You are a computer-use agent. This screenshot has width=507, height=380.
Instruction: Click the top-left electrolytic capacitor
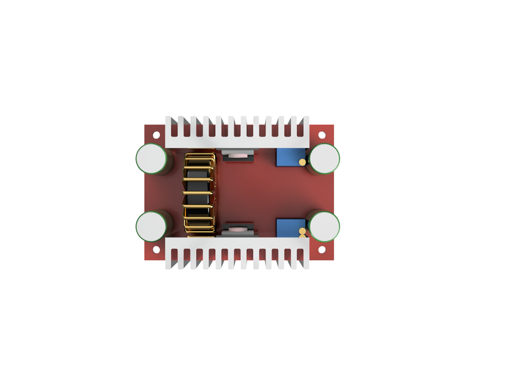(151, 159)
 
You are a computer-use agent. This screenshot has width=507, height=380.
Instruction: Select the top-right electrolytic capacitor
(325, 159)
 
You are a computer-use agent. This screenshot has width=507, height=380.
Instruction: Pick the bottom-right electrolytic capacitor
(325, 226)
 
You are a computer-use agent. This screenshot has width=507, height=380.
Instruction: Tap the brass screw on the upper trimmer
(302, 161)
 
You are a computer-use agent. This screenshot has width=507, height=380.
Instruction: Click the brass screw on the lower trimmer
(303, 231)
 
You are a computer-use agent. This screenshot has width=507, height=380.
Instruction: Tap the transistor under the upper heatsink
(238, 156)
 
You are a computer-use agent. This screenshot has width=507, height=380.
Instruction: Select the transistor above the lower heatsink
(238, 229)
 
